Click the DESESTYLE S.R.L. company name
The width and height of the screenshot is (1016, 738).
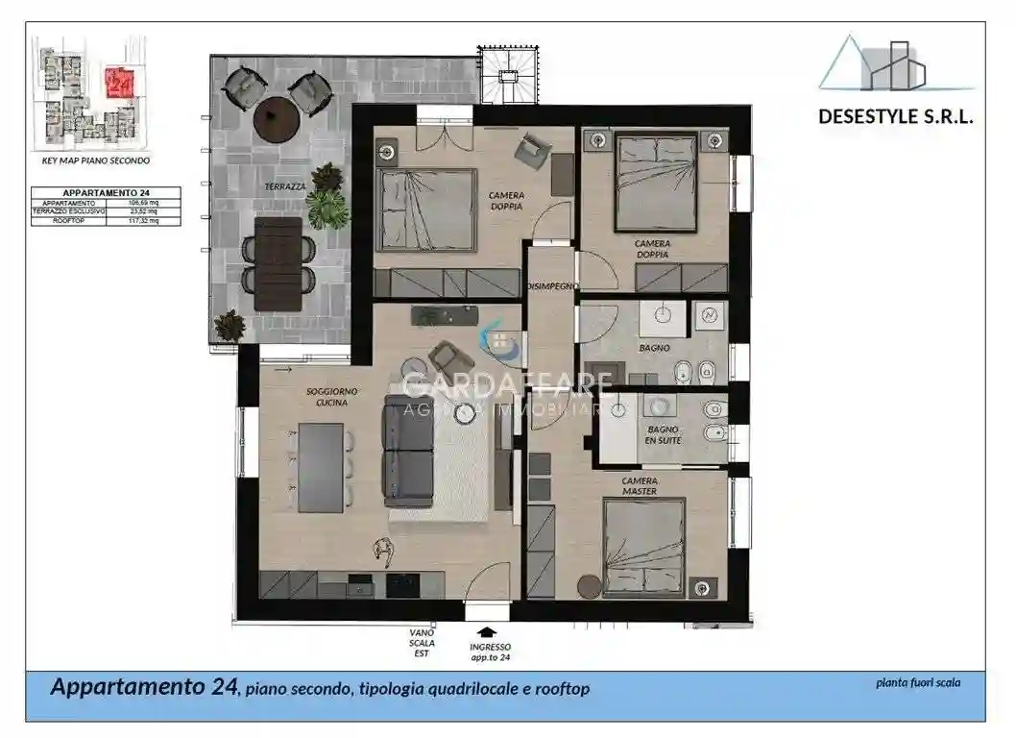click(896, 116)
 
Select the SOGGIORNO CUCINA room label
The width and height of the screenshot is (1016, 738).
click(327, 398)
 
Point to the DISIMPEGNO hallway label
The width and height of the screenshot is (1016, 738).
click(550, 286)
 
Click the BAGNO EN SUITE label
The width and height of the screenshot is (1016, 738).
click(663, 435)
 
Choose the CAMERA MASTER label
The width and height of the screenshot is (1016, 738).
click(640, 485)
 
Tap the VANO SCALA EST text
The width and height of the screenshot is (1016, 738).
click(423, 643)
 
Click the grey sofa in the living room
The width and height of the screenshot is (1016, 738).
click(407, 449)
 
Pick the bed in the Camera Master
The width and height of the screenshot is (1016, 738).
click(643, 547)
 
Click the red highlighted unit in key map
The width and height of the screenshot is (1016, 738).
click(120, 83)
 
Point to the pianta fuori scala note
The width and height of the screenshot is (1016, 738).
click(917, 683)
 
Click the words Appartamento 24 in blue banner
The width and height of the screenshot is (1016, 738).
click(143, 688)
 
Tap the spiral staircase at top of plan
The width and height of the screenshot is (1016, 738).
click(507, 73)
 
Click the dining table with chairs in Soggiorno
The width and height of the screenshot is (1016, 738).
click(321, 467)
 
